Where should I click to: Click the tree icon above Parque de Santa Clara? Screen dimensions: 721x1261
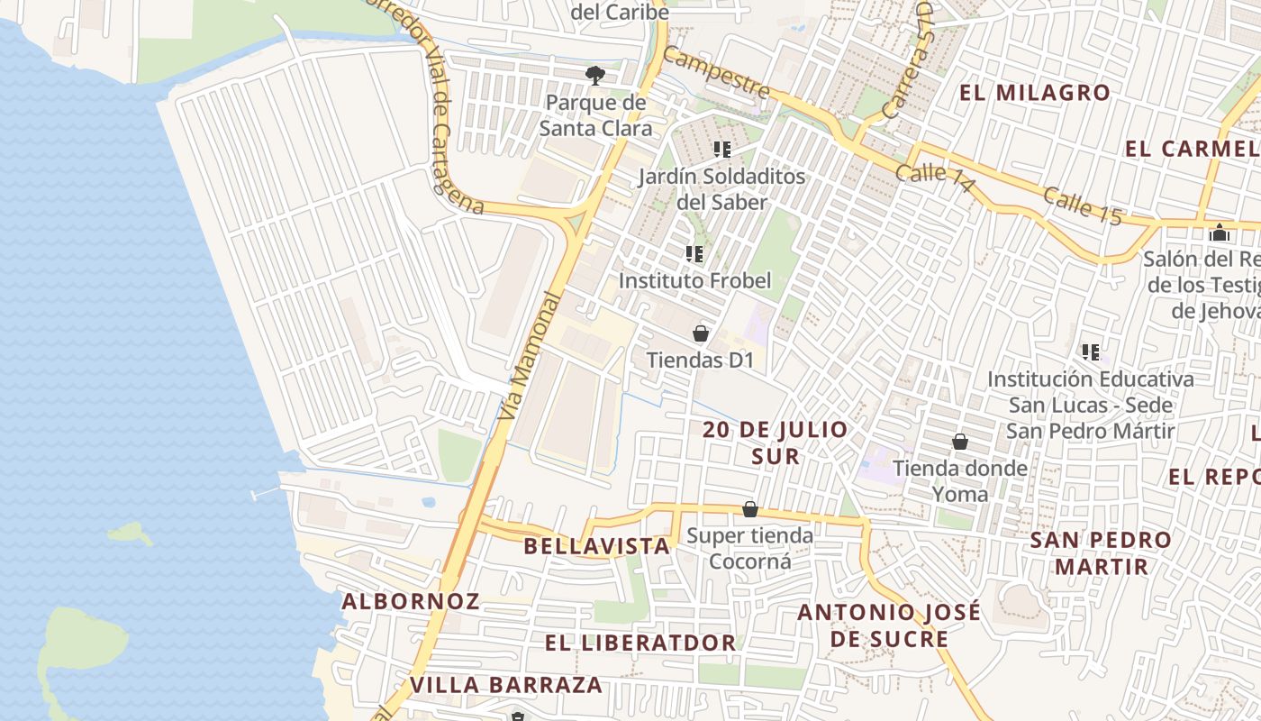pos(594,75)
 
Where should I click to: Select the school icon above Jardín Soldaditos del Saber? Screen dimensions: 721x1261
pos(721,149)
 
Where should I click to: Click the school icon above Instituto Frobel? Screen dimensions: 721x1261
pos(694,254)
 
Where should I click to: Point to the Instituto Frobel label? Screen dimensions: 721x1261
pos(694,280)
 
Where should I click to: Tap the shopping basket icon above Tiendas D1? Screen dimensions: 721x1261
pos(701,334)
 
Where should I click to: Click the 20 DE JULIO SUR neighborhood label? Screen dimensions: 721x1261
pos(775,443)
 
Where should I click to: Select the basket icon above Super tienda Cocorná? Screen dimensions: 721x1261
pos(749,510)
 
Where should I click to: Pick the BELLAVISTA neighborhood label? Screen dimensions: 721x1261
pos(596,546)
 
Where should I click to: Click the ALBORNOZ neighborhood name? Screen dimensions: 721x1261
pos(410,601)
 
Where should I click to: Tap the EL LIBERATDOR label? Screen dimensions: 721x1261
pos(640,643)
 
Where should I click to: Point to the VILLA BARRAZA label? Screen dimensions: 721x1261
pos(506,685)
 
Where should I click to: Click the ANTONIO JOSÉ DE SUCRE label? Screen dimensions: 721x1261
pos(889,625)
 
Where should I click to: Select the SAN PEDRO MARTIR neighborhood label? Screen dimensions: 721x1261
pos(1102,553)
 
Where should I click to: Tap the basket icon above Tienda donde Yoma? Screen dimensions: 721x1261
pos(960,442)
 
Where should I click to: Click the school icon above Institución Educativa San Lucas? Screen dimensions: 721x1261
pos(1091,351)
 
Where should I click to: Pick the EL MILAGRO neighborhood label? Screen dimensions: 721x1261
pos(1035,93)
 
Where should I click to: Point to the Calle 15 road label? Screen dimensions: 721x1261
pos(1084,206)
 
